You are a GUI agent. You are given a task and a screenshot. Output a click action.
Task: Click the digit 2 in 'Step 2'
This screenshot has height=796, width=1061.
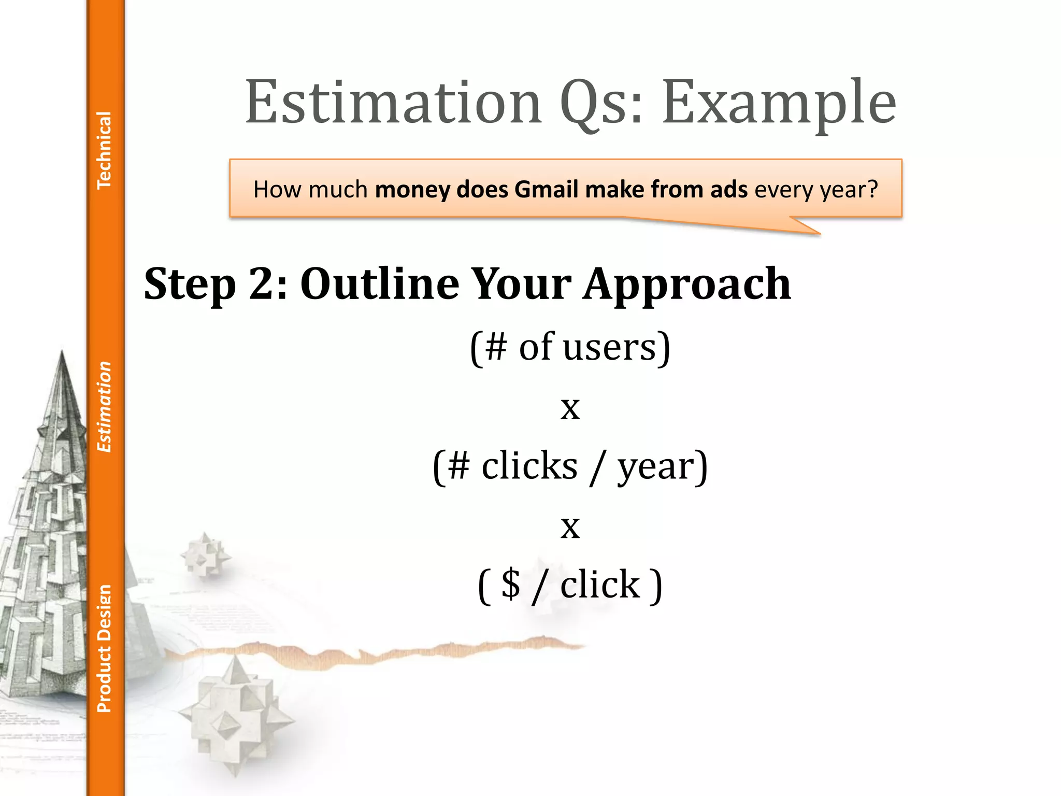[x=262, y=284]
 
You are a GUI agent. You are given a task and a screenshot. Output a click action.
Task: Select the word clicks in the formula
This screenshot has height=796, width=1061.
[x=529, y=465]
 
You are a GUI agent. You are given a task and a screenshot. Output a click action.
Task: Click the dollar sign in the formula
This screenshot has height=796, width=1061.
[x=511, y=584]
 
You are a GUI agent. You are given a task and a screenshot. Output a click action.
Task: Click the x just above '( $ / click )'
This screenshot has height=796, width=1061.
[x=570, y=527]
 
